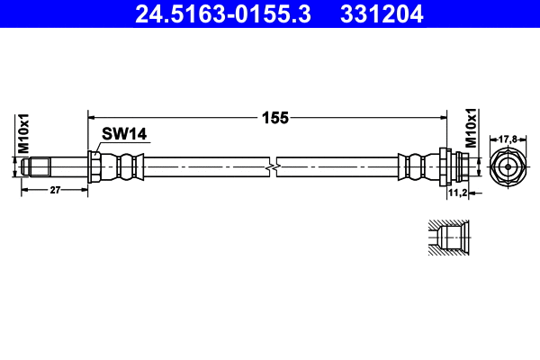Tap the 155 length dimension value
268,116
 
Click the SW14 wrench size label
123,134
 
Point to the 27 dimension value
54,191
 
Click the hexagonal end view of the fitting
508,166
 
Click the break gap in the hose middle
273,166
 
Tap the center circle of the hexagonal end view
508,166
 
